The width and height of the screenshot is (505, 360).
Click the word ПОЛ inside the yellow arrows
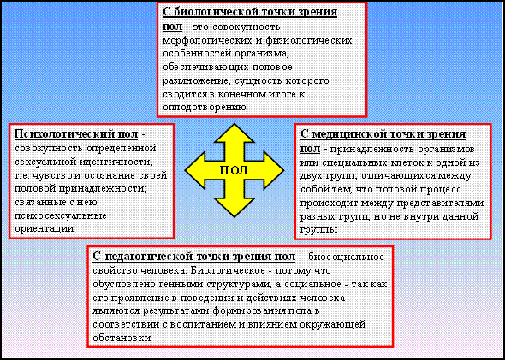(234, 170)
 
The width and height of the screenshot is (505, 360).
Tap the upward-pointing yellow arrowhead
(234, 133)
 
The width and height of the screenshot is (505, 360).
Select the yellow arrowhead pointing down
(235, 207)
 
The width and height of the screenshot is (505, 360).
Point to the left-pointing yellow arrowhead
(195, 170)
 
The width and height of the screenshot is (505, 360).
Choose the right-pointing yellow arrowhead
(274, 170)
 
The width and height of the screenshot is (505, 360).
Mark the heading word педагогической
(147, 257)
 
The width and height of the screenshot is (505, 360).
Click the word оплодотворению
(205, 107)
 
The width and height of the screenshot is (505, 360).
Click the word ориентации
(45, 229)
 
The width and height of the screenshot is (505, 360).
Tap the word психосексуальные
(61, 215)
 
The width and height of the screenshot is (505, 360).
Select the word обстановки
(122, 339)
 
